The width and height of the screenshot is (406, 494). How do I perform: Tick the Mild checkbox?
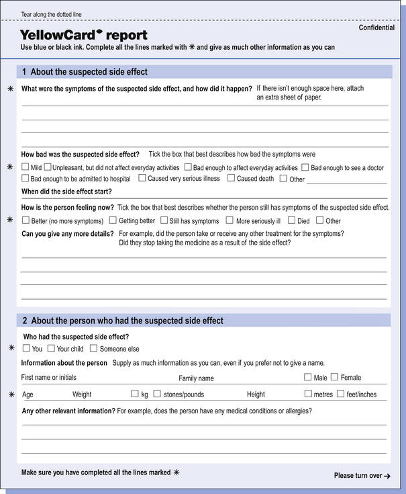click(26, 167)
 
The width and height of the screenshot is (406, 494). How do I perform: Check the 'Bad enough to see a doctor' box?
click(305, 167)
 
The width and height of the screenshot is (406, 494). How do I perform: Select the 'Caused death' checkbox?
click(231, 178)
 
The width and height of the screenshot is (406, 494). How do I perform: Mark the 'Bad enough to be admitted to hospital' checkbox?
click(26, 178)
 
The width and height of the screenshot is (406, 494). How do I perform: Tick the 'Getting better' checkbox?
click(113, 220)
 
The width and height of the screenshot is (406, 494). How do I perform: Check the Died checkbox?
click(291, 220)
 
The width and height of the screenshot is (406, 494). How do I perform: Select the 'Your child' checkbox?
click(51, 348)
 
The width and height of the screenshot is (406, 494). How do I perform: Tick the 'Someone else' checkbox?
click(93, 348)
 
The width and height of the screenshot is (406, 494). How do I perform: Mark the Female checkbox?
click(334, 377)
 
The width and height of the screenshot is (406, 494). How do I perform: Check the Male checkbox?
click(307, 377)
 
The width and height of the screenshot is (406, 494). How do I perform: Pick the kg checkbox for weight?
click(135, 393)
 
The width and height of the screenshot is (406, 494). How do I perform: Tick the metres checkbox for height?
click(308, 393)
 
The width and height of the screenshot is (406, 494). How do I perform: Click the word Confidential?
click(376, 28)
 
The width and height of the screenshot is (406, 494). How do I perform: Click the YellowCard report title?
click(83, 34)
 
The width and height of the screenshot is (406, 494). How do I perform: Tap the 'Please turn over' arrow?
click(387, 476)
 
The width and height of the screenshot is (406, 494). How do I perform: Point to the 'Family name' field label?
click(196, 378)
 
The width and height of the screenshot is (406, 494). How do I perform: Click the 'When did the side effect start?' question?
click(66, 192)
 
